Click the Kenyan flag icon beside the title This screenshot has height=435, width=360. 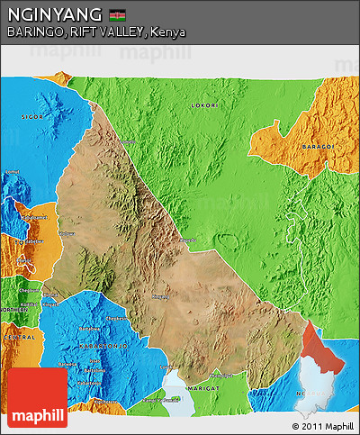[x=117, y=15]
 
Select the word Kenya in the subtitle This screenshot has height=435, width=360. [x=169, y=32]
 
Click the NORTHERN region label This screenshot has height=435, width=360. [x=14, y=308]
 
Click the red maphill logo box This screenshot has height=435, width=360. [x=37, y=397]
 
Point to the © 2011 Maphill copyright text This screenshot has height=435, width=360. [x=323, y=425]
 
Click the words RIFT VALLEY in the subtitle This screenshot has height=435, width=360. [x=103, y=32]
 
